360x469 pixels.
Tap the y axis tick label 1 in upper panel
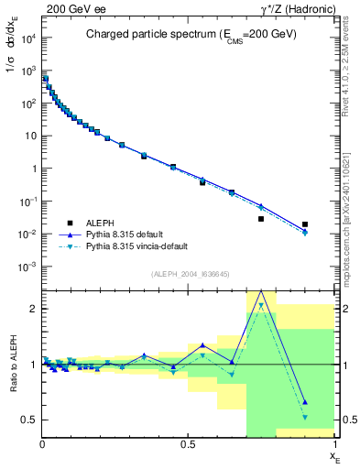click(x=35, y=169)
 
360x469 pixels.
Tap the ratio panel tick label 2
click(x=34, y=309)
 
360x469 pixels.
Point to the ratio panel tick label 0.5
click(x=29, y=420)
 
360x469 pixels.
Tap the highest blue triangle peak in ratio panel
click(x=261, y=291)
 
